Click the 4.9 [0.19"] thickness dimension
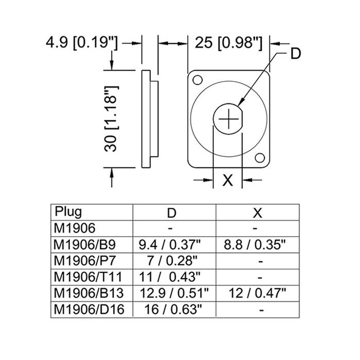(82, 43)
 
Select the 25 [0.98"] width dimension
(228, 43)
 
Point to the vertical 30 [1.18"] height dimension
(112, 119)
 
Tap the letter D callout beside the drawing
(296, 53)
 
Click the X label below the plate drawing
(228, 180)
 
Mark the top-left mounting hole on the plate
(197, 80)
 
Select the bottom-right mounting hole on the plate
(260, 158)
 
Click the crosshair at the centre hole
(228, 119)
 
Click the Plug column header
(68, 211)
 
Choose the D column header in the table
(172, 213)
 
